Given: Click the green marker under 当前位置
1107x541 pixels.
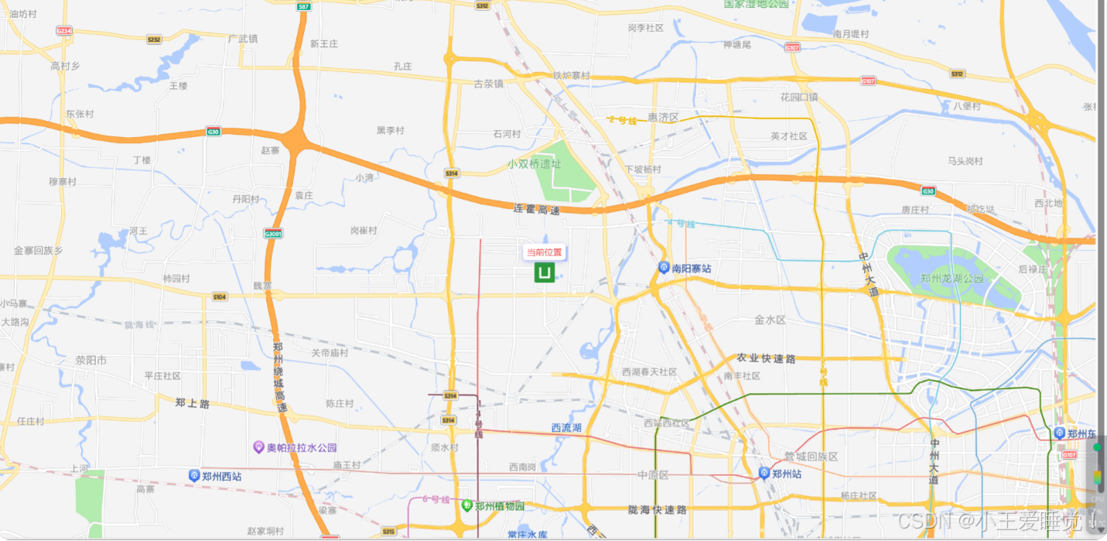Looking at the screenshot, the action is pyautogui.click(x=545, y=272).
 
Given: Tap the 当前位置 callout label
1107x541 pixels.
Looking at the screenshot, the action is pyautogui.click(x=545, y=252).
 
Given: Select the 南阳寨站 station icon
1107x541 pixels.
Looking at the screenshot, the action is pyautogui.click(x=664, y=268).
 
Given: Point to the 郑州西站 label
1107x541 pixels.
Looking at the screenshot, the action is pyautogui.click(x=221, y=476).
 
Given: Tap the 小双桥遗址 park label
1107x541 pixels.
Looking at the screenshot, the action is pyautogui.click(x=535, y=164).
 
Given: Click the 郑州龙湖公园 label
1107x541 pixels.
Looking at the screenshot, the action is pyautogui.click(x=952, y=279).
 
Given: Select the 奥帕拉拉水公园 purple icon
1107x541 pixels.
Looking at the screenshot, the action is pyautogui.click(x=259, y=447).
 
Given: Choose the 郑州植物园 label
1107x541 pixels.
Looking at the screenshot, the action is pyautogui.click(x=500, y=506).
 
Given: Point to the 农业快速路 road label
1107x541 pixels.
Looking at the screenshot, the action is pyautogui.click(x=766, y=358).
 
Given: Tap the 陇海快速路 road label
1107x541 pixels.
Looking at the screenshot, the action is pyautogui.click(x=658, y=509).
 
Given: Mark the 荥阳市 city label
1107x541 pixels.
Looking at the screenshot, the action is pyautogui.click(x=91, y=360).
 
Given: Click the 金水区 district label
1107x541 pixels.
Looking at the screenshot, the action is pyautogui.click(x=770, y=320).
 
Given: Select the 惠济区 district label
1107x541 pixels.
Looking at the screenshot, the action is pyautogui.click(x=663, y=118).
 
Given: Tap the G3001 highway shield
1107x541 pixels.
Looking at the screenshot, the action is pyautogui.click(x=273, y=233).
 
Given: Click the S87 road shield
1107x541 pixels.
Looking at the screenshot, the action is pyautogui.click(x=304, y=6).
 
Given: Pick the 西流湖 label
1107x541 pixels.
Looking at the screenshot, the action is pyautogui.click(x=566, y=427).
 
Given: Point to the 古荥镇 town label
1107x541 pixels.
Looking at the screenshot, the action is pyautogui.click(x=489, y=84).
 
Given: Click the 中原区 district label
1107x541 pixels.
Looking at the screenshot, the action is pyautogui.click(x=653, y=474).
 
